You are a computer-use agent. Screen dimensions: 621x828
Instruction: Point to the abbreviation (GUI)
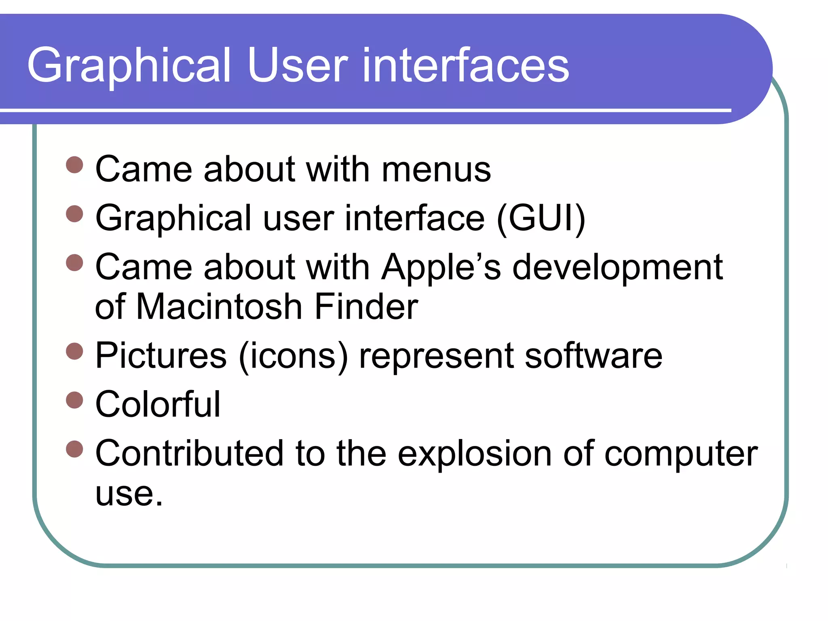coord(541,218)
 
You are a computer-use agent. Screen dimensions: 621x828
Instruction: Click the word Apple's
coord(441,267)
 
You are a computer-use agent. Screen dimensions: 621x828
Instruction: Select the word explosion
coord(475,454)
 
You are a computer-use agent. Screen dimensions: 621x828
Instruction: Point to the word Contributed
coord(189,454)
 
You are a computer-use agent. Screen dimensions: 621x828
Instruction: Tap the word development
coord(618,267)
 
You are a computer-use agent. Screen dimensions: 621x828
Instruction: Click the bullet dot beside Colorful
coord(74,400)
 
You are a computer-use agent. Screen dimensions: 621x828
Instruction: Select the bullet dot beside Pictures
coord(74,351)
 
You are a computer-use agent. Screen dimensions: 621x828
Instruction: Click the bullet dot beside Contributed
coord(74,449)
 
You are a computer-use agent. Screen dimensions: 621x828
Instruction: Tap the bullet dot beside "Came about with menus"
coord(74,165)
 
